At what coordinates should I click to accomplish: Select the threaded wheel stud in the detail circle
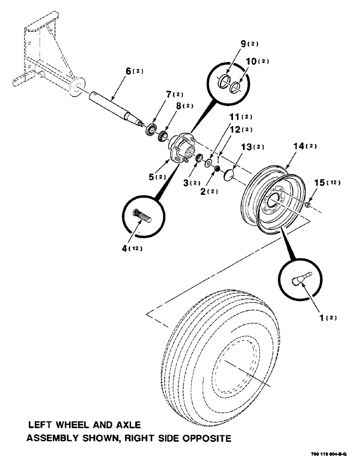pos(144,216)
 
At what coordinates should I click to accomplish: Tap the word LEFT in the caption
pos(40,425)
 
